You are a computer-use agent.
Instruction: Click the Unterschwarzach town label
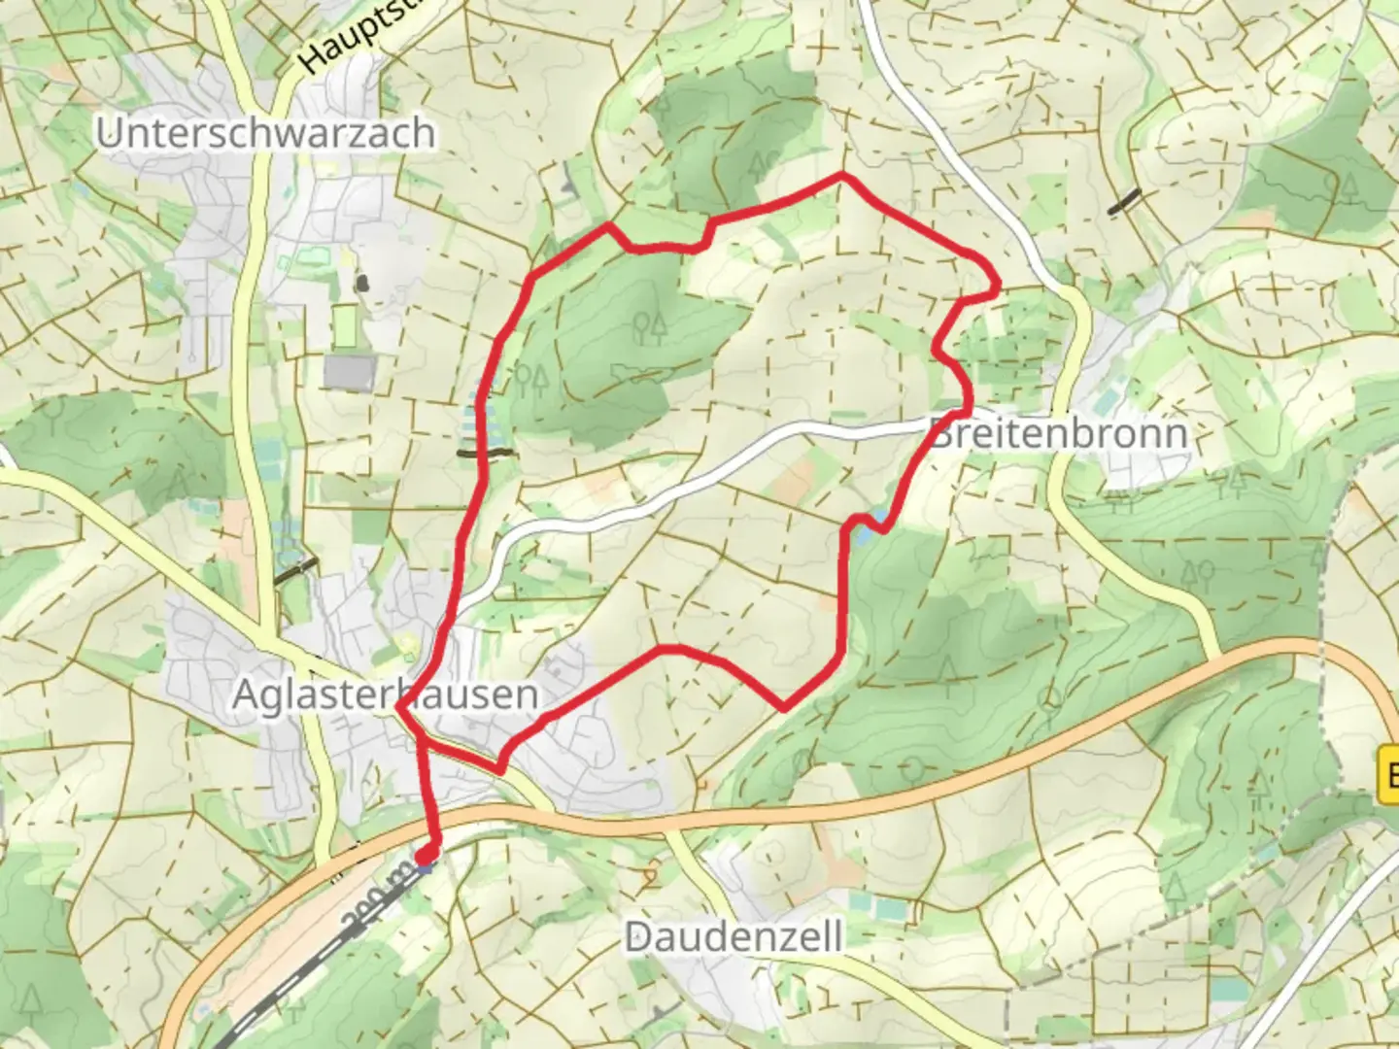tap(264, 133)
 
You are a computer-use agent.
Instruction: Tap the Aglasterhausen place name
tap(385, 694)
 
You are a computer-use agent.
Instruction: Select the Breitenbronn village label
tap(1059, 433)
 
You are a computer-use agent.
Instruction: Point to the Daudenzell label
tap(734, 937)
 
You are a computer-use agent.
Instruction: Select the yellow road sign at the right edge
tap(1388, 774)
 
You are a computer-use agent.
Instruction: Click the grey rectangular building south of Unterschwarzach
tap(350, 372)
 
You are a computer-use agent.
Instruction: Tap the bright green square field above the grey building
tap(345, 325)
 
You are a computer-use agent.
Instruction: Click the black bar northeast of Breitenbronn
tap(1125, 200)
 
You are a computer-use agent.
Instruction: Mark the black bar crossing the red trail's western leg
tap(485, 453)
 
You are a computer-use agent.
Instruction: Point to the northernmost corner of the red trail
tap(842, 176)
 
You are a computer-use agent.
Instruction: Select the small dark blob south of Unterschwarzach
tap(362, 283)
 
